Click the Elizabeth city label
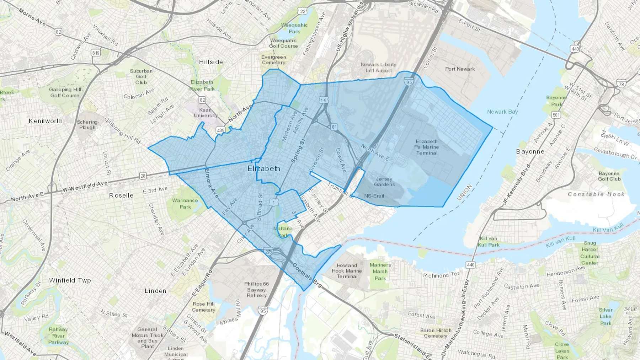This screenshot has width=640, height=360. pos(264,168)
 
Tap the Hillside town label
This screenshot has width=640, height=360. pos(211,62)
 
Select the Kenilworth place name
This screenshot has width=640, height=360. pos(46,121)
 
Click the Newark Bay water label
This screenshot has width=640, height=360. pos(502,112)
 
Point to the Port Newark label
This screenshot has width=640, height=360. pos(460,69)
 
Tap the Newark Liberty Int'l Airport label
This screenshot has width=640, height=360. pos(378,68)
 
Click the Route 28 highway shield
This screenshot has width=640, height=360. pos(143,176)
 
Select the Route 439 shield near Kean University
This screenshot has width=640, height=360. pos(220,130)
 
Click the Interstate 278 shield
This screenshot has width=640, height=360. pos(268,252)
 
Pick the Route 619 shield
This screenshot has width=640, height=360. pos(95,53)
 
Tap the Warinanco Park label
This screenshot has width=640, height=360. pos(185,204)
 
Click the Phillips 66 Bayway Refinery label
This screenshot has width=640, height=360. pos(256,289)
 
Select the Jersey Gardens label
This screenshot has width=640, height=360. pos(384,182)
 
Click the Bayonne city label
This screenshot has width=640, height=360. pos(530,151)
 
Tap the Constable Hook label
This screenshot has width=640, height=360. pos(596,194)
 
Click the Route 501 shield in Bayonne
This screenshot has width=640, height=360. pos(556,115)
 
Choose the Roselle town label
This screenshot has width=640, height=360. pos(121,195)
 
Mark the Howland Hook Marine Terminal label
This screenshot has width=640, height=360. pos(347,271)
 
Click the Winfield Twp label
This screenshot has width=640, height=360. pos(70,280)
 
